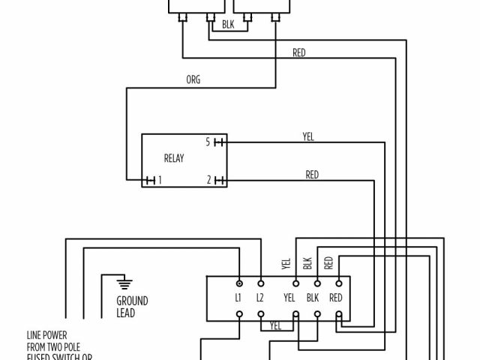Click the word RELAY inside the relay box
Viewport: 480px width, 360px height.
pos(174,159)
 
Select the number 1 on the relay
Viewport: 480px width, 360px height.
pos(160,180)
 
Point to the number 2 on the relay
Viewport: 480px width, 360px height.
pos(208,180)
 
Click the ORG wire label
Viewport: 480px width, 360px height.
pos(193,79)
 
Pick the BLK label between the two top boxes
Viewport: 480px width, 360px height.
pos(228,25)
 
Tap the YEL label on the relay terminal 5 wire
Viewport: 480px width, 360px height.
pos(308,136)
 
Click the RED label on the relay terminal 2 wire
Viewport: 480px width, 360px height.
pos(312,175)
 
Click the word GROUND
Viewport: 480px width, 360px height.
pos(132,301)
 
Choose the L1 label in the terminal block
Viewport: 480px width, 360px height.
pos(238,298)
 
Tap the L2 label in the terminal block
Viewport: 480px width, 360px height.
pos(260,298)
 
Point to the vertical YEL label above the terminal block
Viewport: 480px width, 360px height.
pos(286,263)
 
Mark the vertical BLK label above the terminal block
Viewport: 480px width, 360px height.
pos(307,263)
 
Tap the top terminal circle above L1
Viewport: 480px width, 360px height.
pos(239,283)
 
